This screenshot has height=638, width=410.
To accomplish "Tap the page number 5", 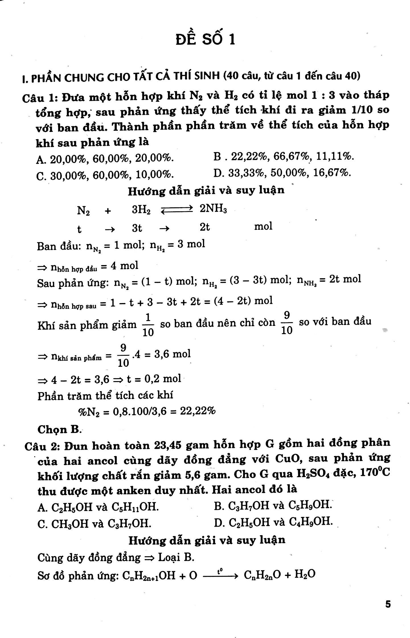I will coord(388,604).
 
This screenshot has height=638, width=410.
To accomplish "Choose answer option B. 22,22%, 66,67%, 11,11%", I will coord(284,157).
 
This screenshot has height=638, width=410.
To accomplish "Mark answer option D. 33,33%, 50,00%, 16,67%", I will coord(282,173).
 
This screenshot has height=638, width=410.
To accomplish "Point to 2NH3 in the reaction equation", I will coord(213,209).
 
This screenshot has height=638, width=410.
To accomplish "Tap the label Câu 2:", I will coord(42,446).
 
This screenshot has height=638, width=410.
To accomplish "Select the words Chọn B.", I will coord(59,429).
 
